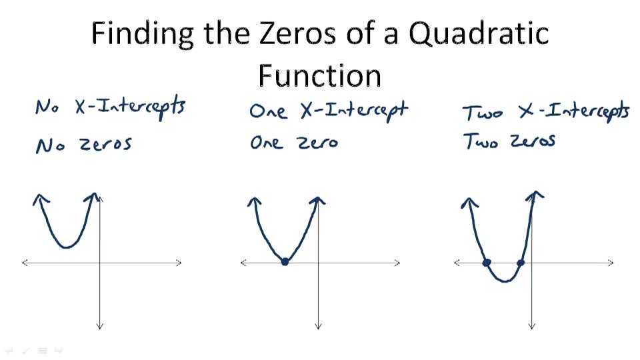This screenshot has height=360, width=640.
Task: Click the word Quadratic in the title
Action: point(479,33)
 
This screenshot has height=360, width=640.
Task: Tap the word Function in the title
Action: point(319,75)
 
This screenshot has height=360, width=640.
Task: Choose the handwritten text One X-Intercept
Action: point(327,110)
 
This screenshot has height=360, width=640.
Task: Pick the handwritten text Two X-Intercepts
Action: point(546,111)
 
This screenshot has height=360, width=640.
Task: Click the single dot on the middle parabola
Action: point(285,262)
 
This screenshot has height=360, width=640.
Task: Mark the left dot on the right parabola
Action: point(487,263)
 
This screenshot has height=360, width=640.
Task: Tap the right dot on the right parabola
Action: point(521,263)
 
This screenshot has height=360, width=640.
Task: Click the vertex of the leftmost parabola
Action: point(66,247)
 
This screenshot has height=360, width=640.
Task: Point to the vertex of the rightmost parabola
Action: point(505,281)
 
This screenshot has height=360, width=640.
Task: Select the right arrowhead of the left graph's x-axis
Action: point(179,263)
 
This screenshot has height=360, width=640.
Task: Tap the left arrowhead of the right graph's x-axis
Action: point(457,263)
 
